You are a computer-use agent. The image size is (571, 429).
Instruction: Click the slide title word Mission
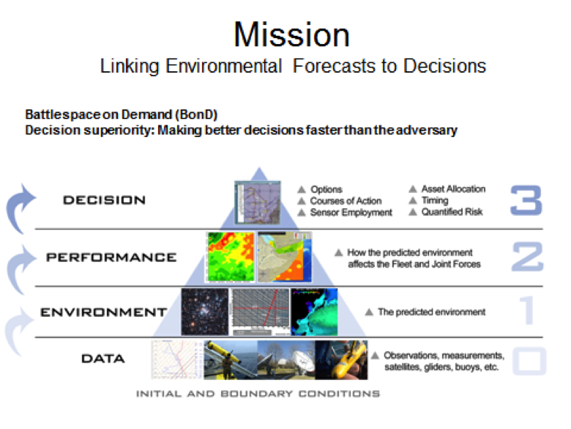pos(291,35)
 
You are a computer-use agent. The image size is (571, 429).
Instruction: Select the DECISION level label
pos(104,200)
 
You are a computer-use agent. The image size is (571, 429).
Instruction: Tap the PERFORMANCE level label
pos(111,257)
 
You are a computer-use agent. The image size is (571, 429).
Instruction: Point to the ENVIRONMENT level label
pos(104,312)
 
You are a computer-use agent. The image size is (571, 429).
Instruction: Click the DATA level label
pos(103,359)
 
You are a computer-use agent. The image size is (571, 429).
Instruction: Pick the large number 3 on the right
pos(526,200)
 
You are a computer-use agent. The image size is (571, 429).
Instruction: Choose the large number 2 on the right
pos(528,257)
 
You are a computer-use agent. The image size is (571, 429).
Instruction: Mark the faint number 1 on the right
pos(527,310)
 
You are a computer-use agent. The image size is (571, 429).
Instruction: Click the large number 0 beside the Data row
pos(529,361)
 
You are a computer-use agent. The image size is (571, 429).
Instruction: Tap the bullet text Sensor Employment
pos(351,213)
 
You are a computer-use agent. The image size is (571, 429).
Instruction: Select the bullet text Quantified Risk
pos(452,212)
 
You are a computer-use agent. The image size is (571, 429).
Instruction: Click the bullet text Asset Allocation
pos(453,189)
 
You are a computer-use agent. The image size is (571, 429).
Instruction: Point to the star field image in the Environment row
pos(205,312)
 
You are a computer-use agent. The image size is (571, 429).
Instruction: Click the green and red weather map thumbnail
pos(231,257)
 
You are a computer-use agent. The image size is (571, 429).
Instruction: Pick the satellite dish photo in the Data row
pos(286,360)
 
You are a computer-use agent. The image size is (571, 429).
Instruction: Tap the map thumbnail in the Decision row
pos(258,202)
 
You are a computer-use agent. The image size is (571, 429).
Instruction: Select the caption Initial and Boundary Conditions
pos(258,394)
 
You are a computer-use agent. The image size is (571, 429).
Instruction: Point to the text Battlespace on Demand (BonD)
pos(122,114)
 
